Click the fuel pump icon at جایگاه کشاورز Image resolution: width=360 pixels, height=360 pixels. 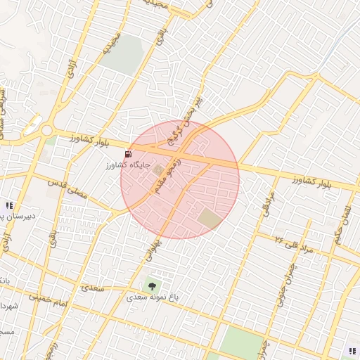click(x=127, y=154)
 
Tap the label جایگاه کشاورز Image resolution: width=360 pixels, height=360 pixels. click(x=120, y=165)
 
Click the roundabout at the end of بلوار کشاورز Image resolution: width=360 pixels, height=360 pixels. click(x=46, y=130)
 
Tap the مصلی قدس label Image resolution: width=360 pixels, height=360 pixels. click(x=68, y=188)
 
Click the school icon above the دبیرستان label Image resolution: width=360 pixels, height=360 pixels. click(x=8, y=205)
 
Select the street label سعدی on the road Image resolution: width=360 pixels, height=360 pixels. click(x=93, y=288)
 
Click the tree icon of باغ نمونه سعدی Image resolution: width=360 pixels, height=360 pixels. click(x=150, y=285)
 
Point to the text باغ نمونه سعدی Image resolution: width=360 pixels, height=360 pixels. click(x=153, y=297)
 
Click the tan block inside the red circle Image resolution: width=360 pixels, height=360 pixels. click(x=210, y=218)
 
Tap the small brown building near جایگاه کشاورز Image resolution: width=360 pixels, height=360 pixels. click(x=157, y=169)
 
